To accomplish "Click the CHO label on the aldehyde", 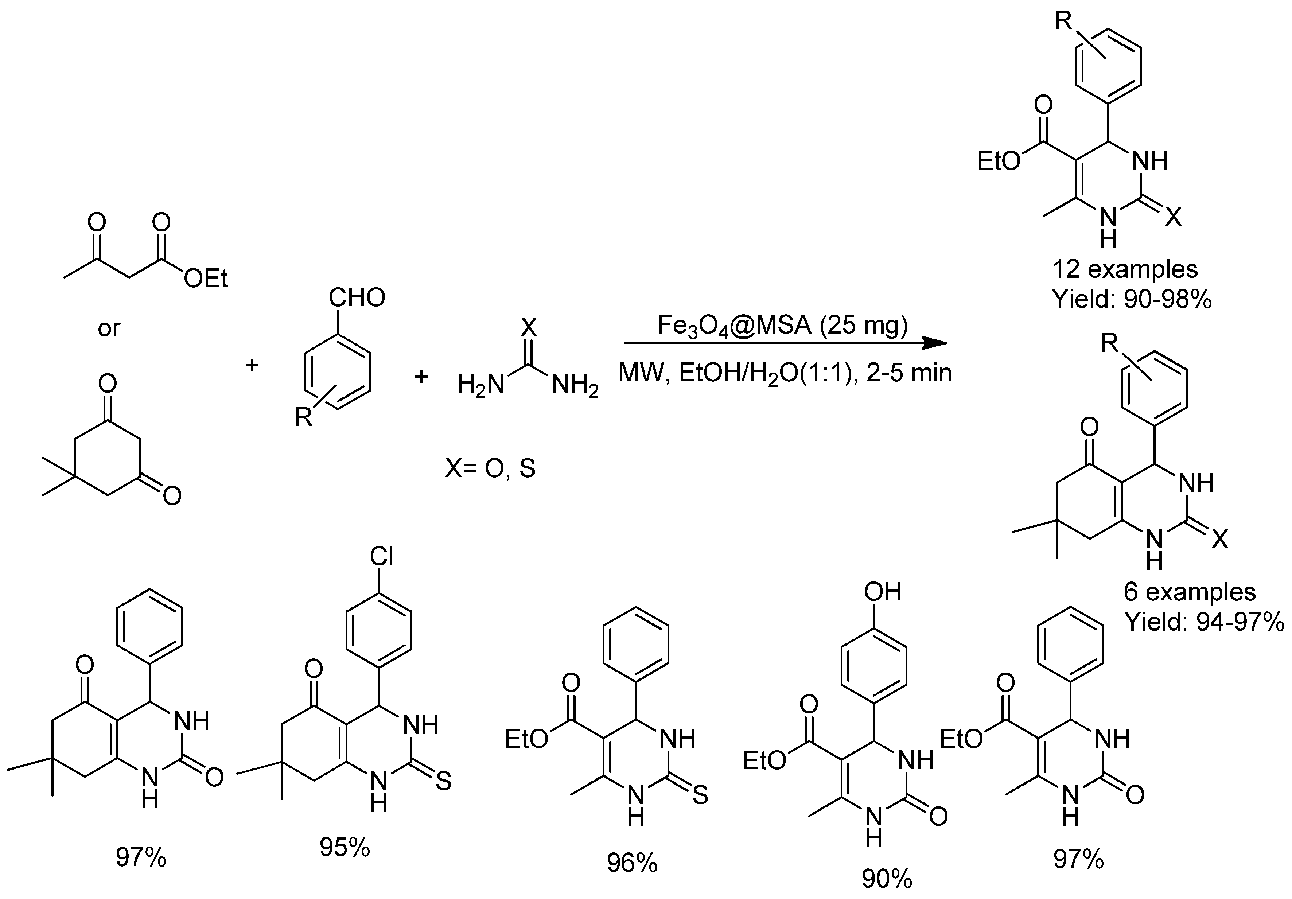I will [x=357, y=297].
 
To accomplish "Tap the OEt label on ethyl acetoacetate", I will [x=206, y=279].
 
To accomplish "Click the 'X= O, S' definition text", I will [x=490, y=468].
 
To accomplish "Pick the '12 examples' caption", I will [x=1125, y=269].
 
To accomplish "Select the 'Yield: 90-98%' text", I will [x=1132, y=300].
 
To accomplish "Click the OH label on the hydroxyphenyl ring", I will [x=883, y=591].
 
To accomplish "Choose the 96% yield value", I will [x=632, y=863].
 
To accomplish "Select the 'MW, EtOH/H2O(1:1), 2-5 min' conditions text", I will [x=785, y=373].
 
